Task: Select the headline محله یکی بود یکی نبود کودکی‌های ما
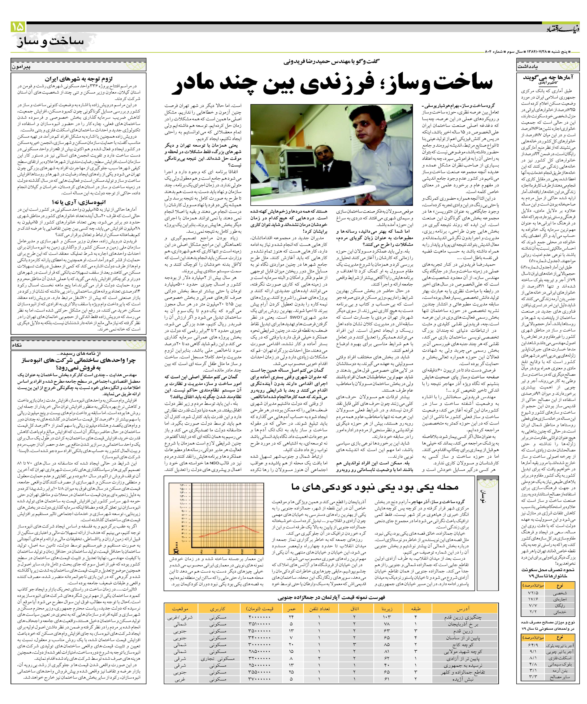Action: pos(374,487)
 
